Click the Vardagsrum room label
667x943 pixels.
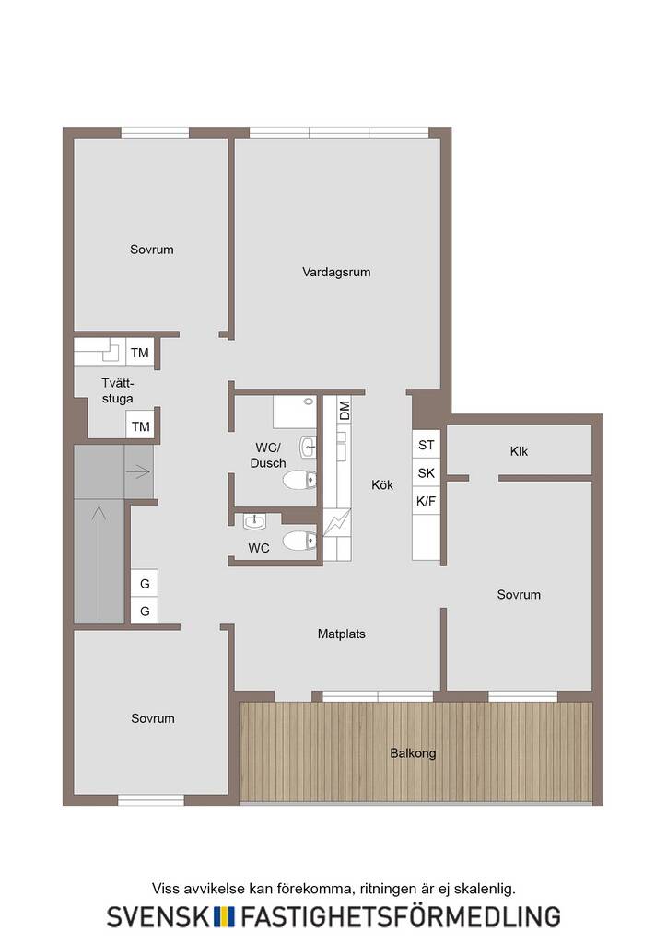336,272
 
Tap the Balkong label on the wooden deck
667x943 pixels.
413,753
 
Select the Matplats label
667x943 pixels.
341,634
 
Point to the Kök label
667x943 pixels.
382,484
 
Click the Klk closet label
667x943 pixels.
519,451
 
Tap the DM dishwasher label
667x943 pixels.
344,411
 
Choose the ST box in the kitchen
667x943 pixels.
426,445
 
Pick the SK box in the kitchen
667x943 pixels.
426,473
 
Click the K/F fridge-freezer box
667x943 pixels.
426,501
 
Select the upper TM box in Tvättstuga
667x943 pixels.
139,353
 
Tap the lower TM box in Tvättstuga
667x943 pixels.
140,426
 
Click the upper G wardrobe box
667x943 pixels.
145,583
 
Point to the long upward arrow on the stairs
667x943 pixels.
99,563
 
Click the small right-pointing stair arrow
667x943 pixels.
138,472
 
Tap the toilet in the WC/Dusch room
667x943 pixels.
299,480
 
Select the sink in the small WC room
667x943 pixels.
254,521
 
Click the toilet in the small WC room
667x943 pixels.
299,540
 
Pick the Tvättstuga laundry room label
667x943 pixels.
117,390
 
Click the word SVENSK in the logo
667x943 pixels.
158,916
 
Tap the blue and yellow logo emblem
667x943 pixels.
225,916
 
